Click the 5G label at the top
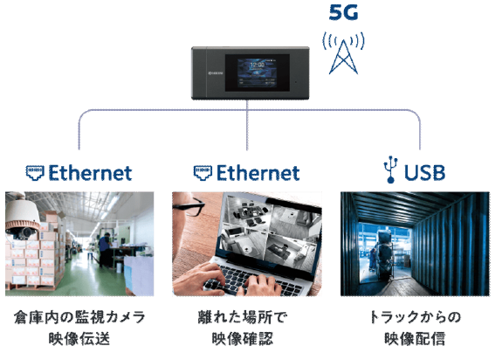click(x=343, y=12)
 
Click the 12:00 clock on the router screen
click(x=258, y=66)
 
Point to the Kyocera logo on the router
click(x=216, y=73)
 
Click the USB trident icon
click(x=390, y=170)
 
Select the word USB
click(x=424, y=172)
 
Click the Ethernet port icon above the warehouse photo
click(x=35, y=172)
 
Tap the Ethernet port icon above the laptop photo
click(x=203, y=172)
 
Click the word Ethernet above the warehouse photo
click(x=90, y=172)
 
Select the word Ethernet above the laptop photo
click(x=258, y=172)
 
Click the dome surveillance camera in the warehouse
click(x=22, y=219)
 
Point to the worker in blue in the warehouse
click(x=105, y=250)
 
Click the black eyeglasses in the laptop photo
click(x=189, y=206)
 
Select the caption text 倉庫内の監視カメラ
click(x=79, y=317)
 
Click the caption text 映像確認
click(x=243, y=338)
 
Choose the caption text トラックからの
click(x=415, y=317)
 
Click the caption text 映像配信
click(x=415, y=338)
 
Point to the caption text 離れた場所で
click(x=243, y=317)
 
